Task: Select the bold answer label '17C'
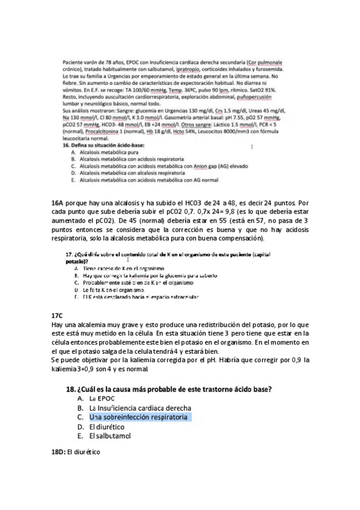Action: point(58,315)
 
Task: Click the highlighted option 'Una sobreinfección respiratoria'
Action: point(138,417)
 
